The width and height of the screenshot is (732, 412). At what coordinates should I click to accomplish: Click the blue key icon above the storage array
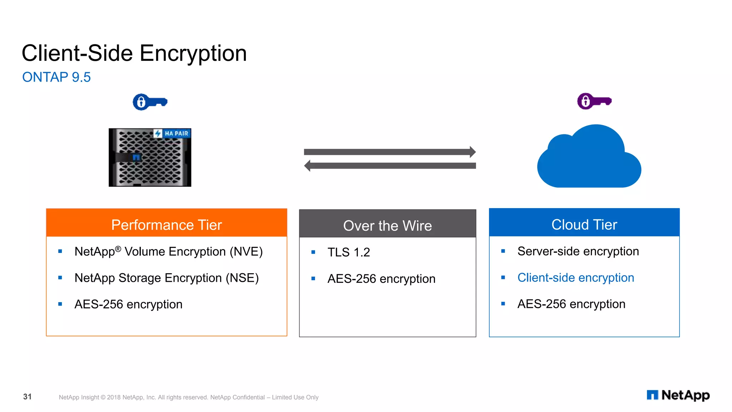click(x=150, y=102)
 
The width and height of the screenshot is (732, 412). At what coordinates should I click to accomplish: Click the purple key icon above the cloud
click(x=594, y=101)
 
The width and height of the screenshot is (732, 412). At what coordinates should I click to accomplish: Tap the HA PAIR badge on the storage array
click(x=173, y=133)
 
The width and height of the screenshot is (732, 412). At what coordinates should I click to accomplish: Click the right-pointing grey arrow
click(x=390, y=152)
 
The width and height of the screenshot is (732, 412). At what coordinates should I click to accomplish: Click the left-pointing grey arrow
click(x=390, y=166)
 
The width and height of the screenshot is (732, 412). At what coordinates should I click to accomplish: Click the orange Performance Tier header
click(x=167, y=225)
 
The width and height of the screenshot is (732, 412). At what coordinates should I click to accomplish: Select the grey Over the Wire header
click(x=387, y=226)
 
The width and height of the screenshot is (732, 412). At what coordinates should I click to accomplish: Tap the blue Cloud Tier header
click(x=584, y=225)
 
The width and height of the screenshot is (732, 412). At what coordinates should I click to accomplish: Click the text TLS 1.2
click(x=348, y=252)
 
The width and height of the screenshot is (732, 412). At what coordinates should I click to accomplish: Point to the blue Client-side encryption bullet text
click(x=575, y=278)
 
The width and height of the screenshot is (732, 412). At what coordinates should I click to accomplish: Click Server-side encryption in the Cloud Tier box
click(x=578, y=251)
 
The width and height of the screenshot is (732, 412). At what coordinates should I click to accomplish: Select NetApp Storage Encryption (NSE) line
click(x=167, y=278)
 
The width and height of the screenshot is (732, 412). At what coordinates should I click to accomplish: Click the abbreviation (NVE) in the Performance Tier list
click(x=246, y=252)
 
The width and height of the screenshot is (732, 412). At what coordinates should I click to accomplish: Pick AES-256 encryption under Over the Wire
click(x=381, y=279)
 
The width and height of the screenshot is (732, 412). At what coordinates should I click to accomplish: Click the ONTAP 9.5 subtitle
click(x=56, y=77)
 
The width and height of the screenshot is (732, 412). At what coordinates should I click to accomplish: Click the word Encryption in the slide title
click(x=193, y=54)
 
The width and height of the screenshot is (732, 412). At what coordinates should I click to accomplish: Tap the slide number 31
click(x=28, y=397)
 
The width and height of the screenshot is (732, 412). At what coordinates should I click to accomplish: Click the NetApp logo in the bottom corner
click(x=678, y=395)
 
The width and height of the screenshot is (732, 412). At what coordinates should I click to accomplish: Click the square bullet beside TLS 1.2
click(x=313, y=252)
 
